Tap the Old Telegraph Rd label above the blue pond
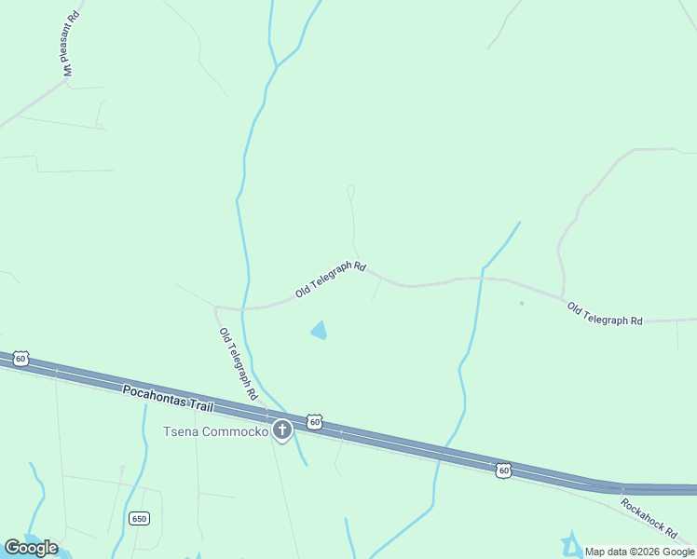tap(331, 279)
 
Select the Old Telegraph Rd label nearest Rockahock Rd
tap(605, 315)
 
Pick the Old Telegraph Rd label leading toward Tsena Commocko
tap(238, 364)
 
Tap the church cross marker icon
tap(282, 430)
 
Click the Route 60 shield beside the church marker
tap(315, 422)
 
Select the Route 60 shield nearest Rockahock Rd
tap(503, 470)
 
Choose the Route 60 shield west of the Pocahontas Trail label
tap(21, 358)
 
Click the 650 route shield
tap(140, 519)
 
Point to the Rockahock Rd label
tap(649, 517)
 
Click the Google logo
tap(31, 548)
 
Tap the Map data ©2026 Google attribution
tap(639, 552)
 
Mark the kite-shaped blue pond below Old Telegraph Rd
tap(319, 330)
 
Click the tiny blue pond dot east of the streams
tap(521, 303)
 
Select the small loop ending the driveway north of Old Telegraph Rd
tap(350, 191)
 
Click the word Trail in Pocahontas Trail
tap(198, 406)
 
